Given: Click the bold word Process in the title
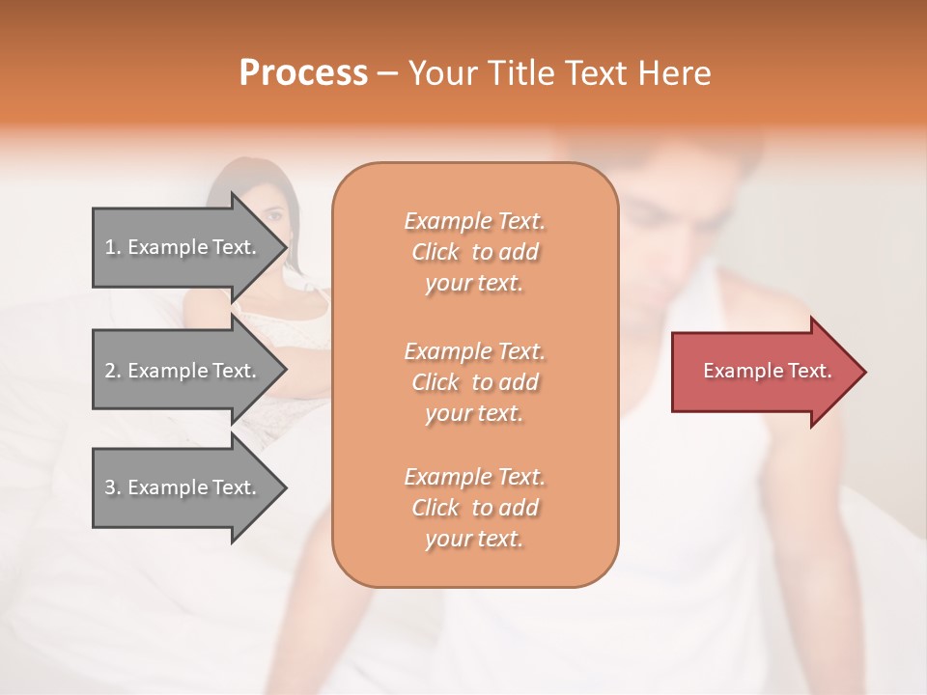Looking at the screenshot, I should [303, 73].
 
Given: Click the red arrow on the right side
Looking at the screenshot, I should [763, 371].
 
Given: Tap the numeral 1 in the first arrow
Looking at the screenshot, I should [110, 247].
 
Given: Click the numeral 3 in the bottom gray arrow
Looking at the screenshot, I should [110, 487].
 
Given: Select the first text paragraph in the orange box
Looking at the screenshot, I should [474, 252].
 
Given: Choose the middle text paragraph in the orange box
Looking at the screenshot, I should [474, 381].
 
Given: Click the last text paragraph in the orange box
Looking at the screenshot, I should [474, 507].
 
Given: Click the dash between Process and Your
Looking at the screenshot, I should [387, 73].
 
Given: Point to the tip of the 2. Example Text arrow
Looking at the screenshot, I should [285, 371].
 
